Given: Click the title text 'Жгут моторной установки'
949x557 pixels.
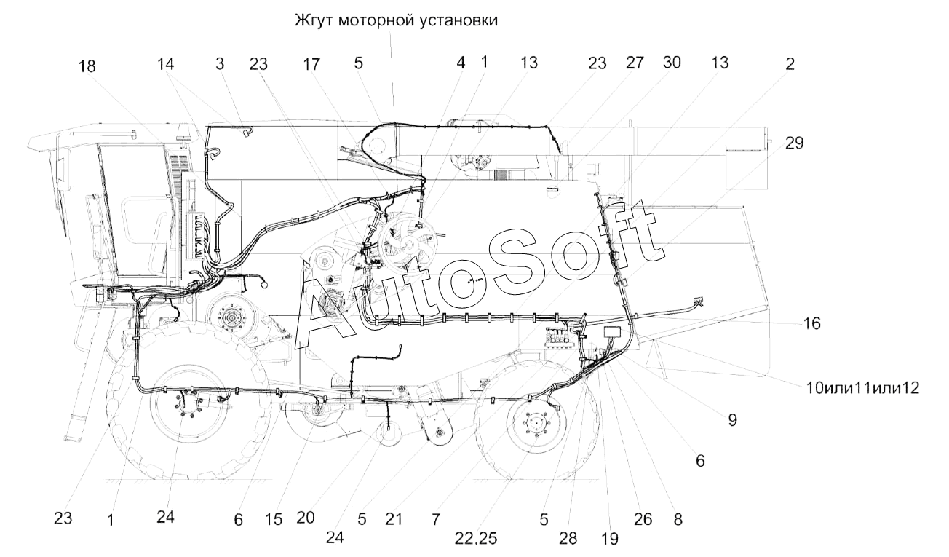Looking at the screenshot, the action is click(396, 20).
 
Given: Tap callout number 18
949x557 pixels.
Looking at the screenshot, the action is click(87, 66).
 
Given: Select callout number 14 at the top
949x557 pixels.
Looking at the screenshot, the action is click(165, 64).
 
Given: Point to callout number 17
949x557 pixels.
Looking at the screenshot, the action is click(311, 64).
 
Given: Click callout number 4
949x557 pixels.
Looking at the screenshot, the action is click(461, 63).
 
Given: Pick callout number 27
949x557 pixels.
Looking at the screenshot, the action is click(635, 63).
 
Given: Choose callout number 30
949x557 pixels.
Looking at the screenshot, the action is click(672, 63).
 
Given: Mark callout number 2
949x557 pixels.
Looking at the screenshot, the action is click(790, 64).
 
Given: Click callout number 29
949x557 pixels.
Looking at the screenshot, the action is click(794, 143).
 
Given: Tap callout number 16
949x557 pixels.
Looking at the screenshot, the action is click(811, 323).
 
